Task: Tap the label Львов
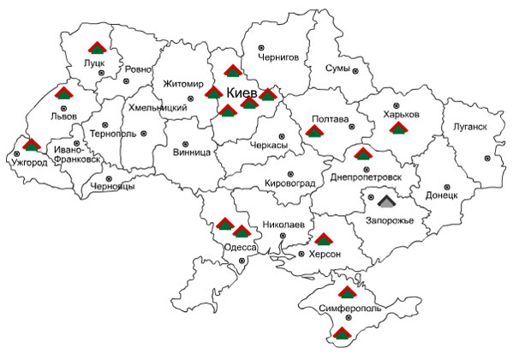pos(64,115)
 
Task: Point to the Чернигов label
pos(277,57)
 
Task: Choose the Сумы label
pos(337,68)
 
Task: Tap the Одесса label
pos(239,248)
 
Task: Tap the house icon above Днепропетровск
pos(363,154)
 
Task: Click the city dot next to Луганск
pos(488,159)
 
